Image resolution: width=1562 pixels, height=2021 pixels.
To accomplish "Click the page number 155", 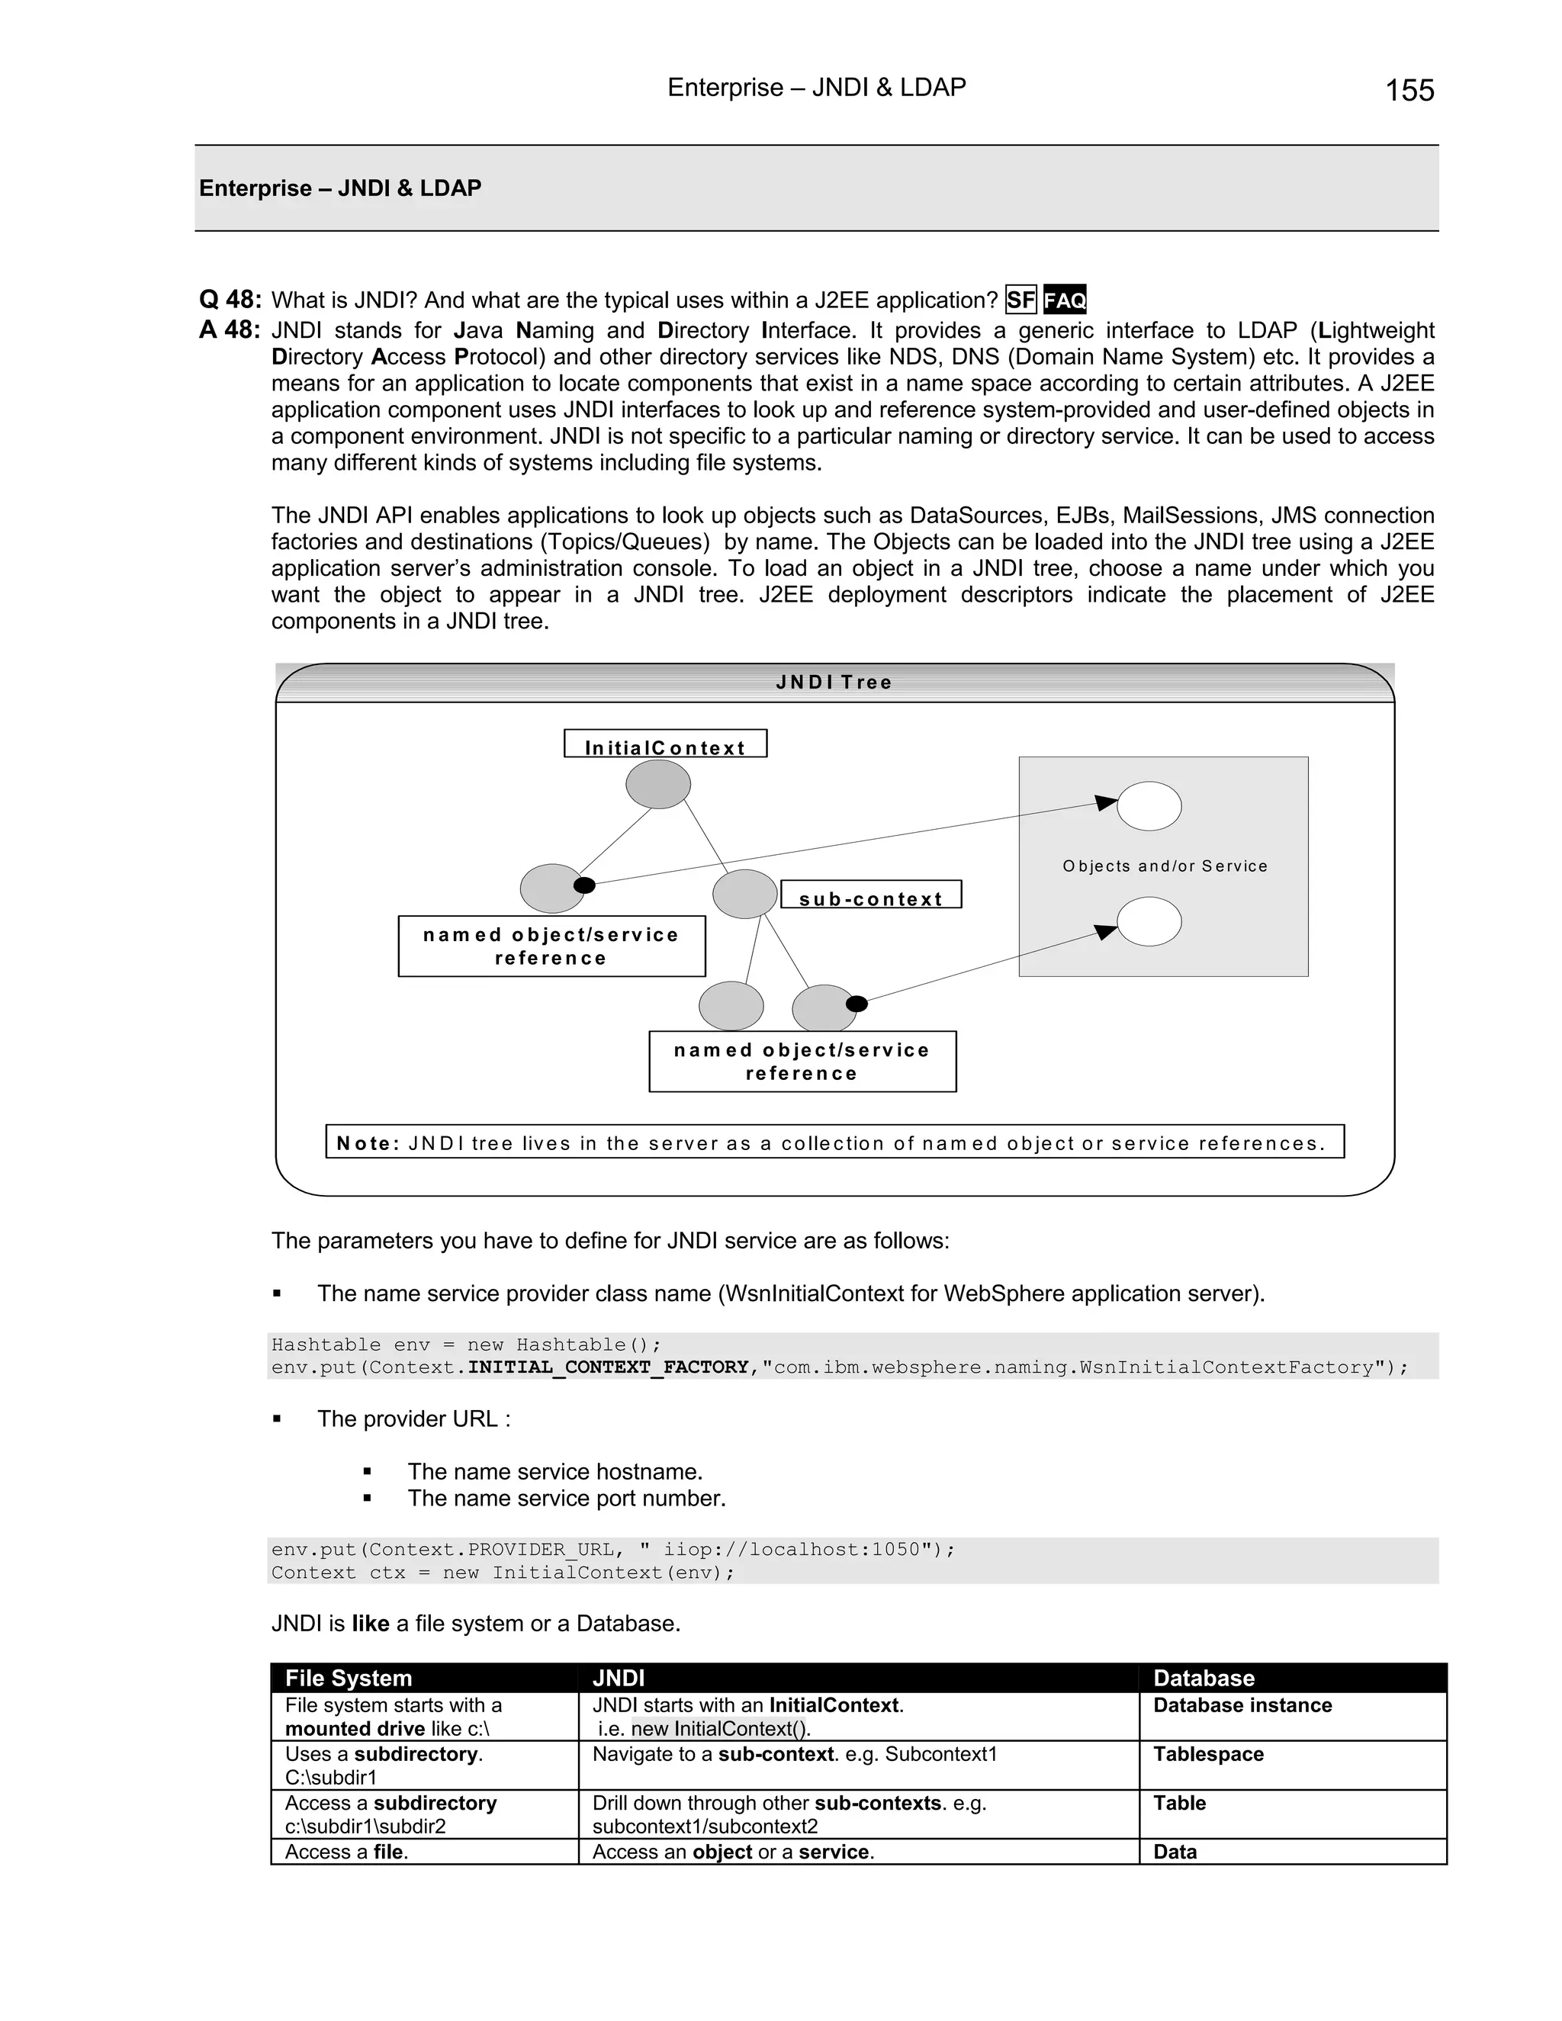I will (1409, 91).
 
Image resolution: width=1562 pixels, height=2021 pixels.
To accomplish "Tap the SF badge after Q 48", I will (1020, 300).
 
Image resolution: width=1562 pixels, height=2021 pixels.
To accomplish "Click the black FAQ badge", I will (1064, 300).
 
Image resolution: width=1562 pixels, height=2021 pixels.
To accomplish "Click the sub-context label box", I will (871, 897).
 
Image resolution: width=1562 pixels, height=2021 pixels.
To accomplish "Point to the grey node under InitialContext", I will (658, 785).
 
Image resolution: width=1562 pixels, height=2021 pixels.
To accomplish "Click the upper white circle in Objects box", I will (1149, 806).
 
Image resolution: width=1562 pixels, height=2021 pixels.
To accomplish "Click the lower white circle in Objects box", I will (1149, 922).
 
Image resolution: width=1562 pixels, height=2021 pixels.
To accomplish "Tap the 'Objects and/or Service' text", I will (1164, 866).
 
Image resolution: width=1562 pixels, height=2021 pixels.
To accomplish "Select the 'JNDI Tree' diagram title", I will (834, 683).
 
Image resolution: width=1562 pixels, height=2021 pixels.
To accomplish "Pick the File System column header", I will (348, 1678).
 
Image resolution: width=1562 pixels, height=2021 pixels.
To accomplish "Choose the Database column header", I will (1203, 1678).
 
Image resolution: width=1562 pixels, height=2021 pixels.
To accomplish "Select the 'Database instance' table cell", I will (1242, 1705).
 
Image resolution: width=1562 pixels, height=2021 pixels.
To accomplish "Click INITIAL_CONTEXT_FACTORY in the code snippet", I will (608, 1367).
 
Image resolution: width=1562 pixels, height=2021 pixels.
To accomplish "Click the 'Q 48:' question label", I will (230, 300).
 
